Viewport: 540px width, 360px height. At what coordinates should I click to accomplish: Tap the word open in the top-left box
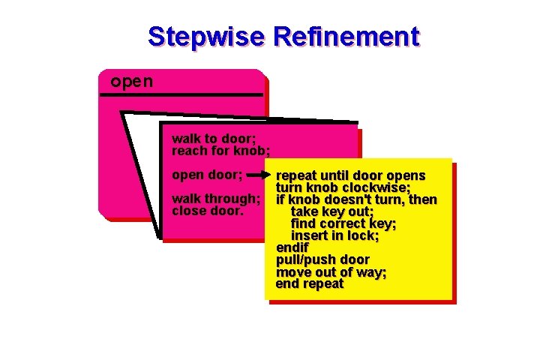tap(131, 81)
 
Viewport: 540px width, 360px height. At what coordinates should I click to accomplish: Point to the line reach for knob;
tap(220, 150)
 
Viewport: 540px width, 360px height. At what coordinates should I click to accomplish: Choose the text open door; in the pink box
tap(207, 175)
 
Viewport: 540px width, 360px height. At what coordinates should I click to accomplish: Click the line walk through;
tap(217, 199)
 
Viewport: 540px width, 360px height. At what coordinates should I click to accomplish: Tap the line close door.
tap(208, 211)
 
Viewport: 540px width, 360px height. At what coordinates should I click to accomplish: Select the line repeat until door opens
tap(350, 176)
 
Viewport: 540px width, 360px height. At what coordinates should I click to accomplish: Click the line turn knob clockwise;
tap(343, 188)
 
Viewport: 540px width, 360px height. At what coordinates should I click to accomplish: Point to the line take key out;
tap(332, 212)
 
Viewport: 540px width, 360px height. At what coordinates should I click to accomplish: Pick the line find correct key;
tap(343, 224)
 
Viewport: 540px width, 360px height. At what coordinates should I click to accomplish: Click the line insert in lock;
tap(334, 236)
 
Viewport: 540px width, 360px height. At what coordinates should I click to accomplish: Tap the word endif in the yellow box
tap(292, 248)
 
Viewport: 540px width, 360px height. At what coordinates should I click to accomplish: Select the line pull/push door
tap(322, 260)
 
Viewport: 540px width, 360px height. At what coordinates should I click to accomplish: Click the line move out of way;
tap(331, 272)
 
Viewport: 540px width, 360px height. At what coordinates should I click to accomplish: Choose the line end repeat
tap(310, 284)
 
